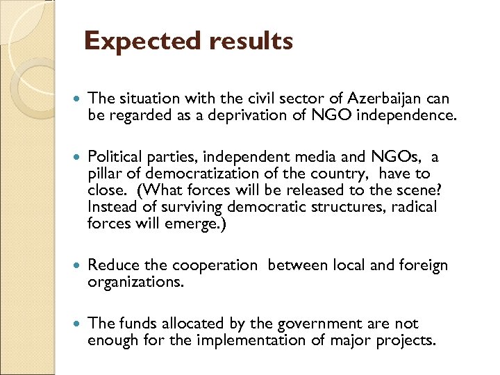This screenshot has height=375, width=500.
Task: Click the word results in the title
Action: (250, 42)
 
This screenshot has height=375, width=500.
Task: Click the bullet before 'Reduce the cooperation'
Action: (76, 266)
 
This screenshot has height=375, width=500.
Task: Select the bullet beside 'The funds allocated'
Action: (76, 324)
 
